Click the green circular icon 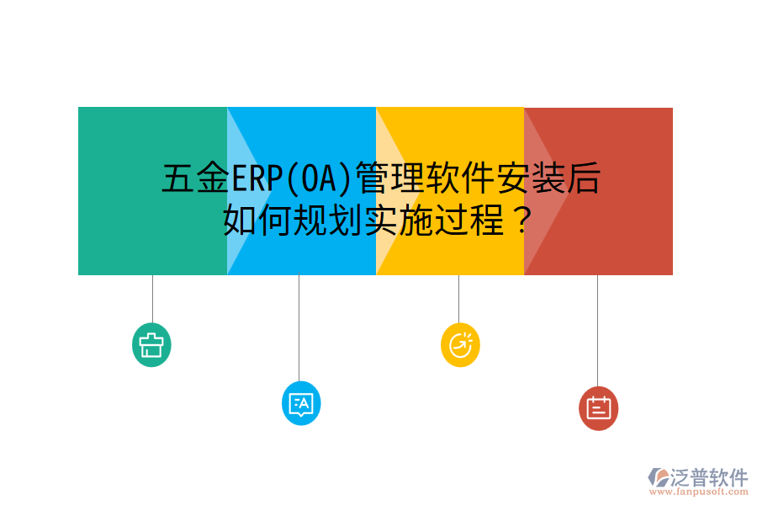(x=151, y=345)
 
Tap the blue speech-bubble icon (x=300, y=404)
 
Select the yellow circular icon (x=460, y=345)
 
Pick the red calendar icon (x=598, y=408)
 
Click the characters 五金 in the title (x=196, y=179)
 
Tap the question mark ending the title (x=521, y=221)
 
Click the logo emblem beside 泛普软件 (x=657, y=478)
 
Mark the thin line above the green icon (x=152, y=299)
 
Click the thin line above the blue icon (x=299, y=327)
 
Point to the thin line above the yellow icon (x=458, y=299)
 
